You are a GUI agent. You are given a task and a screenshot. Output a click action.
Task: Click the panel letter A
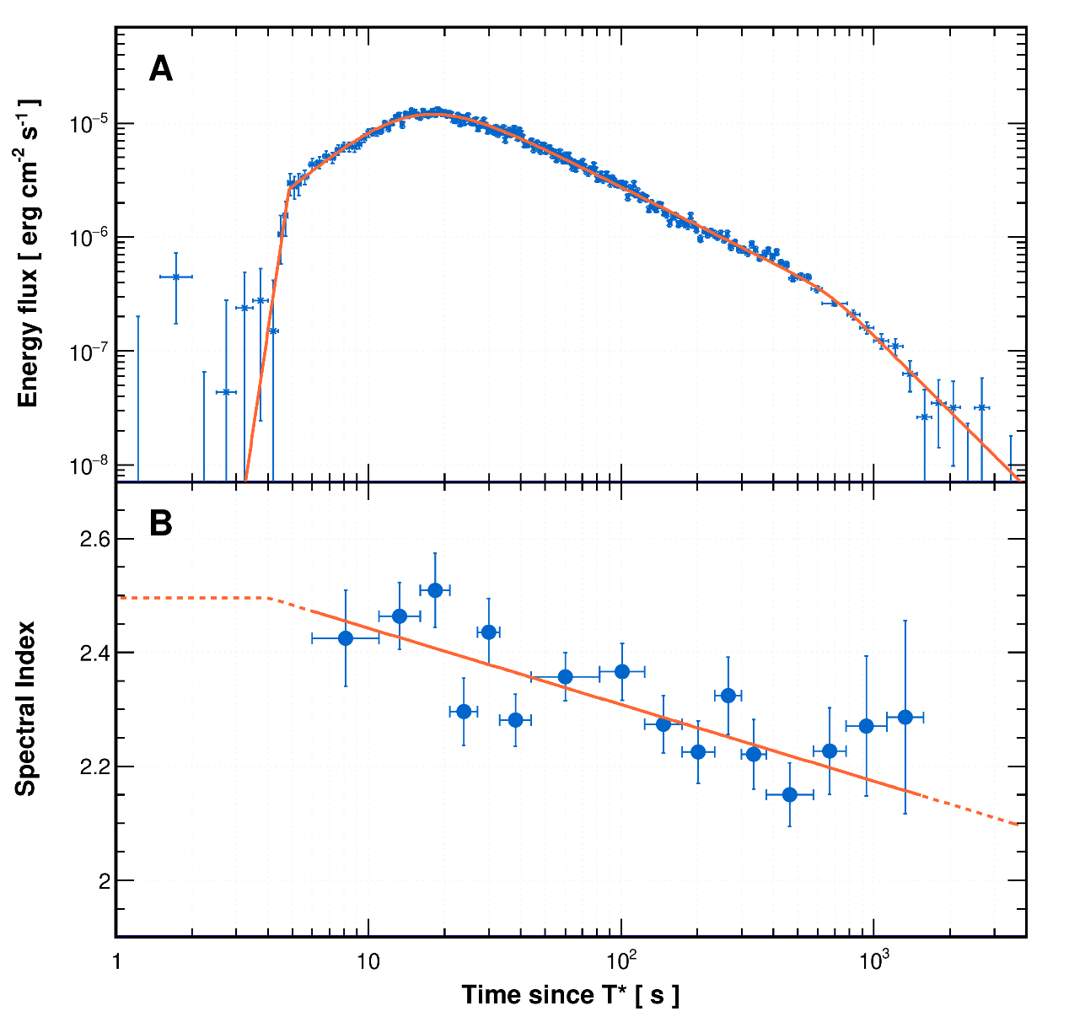click(160, 69)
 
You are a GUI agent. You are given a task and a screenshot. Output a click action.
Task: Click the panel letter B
click(160, 524)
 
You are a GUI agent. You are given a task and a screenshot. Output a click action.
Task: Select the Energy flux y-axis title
click(28, 253)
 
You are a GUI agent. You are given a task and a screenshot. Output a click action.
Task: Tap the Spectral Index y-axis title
click(26, 708)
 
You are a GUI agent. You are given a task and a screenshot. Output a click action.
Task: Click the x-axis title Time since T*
click(570, 995)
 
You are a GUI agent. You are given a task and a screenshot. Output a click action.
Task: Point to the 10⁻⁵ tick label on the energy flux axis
click(87, 125)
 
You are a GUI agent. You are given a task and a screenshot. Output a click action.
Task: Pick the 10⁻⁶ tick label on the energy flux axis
click(87, 239)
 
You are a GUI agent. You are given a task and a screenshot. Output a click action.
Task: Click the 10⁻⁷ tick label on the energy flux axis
click(87, 352)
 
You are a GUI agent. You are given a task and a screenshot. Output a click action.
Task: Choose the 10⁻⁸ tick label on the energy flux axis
click(87, 465)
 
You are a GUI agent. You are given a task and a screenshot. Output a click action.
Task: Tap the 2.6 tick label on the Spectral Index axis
click(94, 539)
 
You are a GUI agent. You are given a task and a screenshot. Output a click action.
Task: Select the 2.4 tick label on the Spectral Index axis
click(94, 653)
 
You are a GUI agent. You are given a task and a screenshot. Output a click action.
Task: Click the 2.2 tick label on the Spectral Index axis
click(94, 766)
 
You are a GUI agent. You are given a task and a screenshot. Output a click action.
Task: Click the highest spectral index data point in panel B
click(435, 590)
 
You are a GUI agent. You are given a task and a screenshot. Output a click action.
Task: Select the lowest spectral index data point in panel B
click(790, 794)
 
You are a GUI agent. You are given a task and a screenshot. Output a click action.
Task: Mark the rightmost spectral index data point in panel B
click(905, 718)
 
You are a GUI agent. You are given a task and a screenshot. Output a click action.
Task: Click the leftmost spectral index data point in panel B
click(346, 638)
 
